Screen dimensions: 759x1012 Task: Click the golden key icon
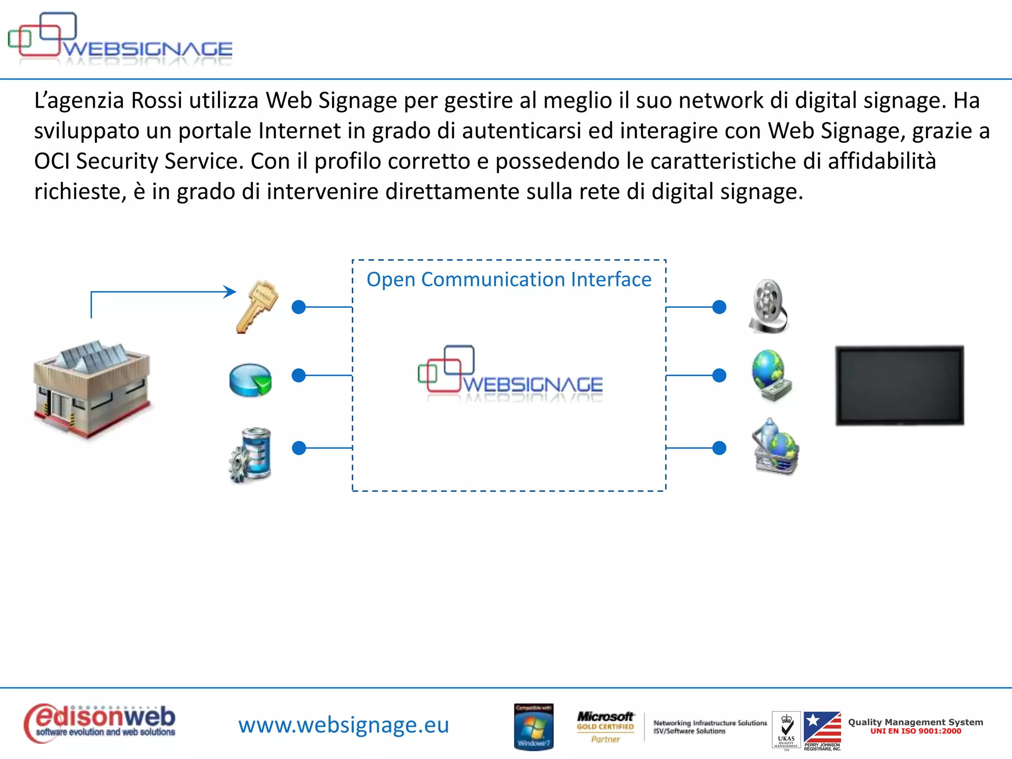[257, 307]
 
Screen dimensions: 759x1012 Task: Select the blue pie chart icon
[251, 380]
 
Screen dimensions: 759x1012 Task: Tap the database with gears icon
[251, 455]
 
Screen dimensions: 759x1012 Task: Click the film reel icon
[768, 306]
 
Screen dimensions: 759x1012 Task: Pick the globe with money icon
[771, 376]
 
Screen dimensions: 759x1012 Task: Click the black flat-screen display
[899, 385]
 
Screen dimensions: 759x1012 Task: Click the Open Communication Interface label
[509, 280]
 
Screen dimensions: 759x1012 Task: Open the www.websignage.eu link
[343, 725]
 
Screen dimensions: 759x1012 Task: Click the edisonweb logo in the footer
[100, 723]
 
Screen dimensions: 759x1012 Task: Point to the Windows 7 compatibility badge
[534, 726]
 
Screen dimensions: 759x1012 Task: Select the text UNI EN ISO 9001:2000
[916, 731]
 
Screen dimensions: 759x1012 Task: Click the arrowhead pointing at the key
[230, 292]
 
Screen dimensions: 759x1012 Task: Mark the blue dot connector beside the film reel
[719, 307]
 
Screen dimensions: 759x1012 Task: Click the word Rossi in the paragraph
[157, 100]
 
